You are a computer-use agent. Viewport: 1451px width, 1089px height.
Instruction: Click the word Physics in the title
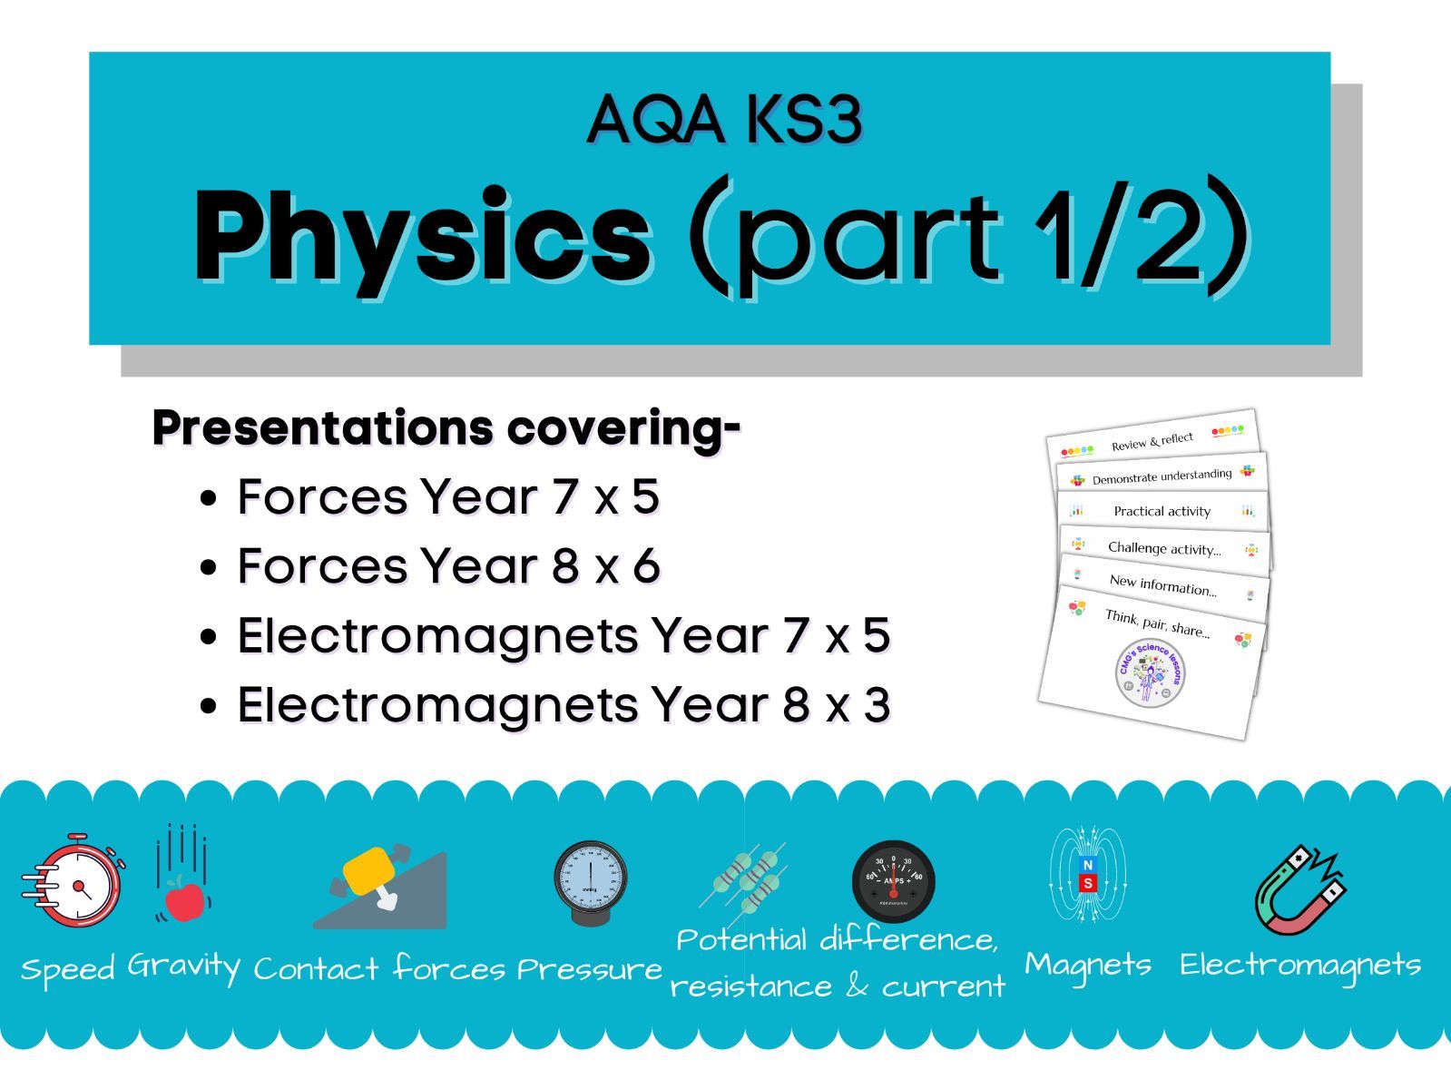tap(423, 236)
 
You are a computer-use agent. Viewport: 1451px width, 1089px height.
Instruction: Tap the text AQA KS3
tap(724, 120)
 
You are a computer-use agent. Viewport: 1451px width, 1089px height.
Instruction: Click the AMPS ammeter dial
tap(893, 880)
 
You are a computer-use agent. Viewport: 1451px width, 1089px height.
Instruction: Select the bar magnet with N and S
tap(1087, 875)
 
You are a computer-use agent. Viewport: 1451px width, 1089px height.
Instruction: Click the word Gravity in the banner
tap(183, 966)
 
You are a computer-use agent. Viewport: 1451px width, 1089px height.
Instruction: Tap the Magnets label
tap(1087, 965)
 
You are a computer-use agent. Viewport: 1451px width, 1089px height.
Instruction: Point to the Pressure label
tap(590, 969)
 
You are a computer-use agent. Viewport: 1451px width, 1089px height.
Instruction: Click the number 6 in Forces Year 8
tap(646, 566)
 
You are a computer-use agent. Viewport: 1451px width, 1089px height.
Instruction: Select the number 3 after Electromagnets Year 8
tap(877, 704)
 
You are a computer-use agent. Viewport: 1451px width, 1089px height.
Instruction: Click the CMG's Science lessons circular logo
tap(1150, 672)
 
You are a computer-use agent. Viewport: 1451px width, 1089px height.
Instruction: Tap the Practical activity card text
tap(1162, 511)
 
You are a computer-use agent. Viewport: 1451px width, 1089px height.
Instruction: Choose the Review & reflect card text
tap(1152, 441)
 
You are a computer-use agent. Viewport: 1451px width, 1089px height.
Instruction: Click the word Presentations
tap(323, 428)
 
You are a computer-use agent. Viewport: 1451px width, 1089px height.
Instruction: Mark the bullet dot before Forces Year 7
tap(210, 498)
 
